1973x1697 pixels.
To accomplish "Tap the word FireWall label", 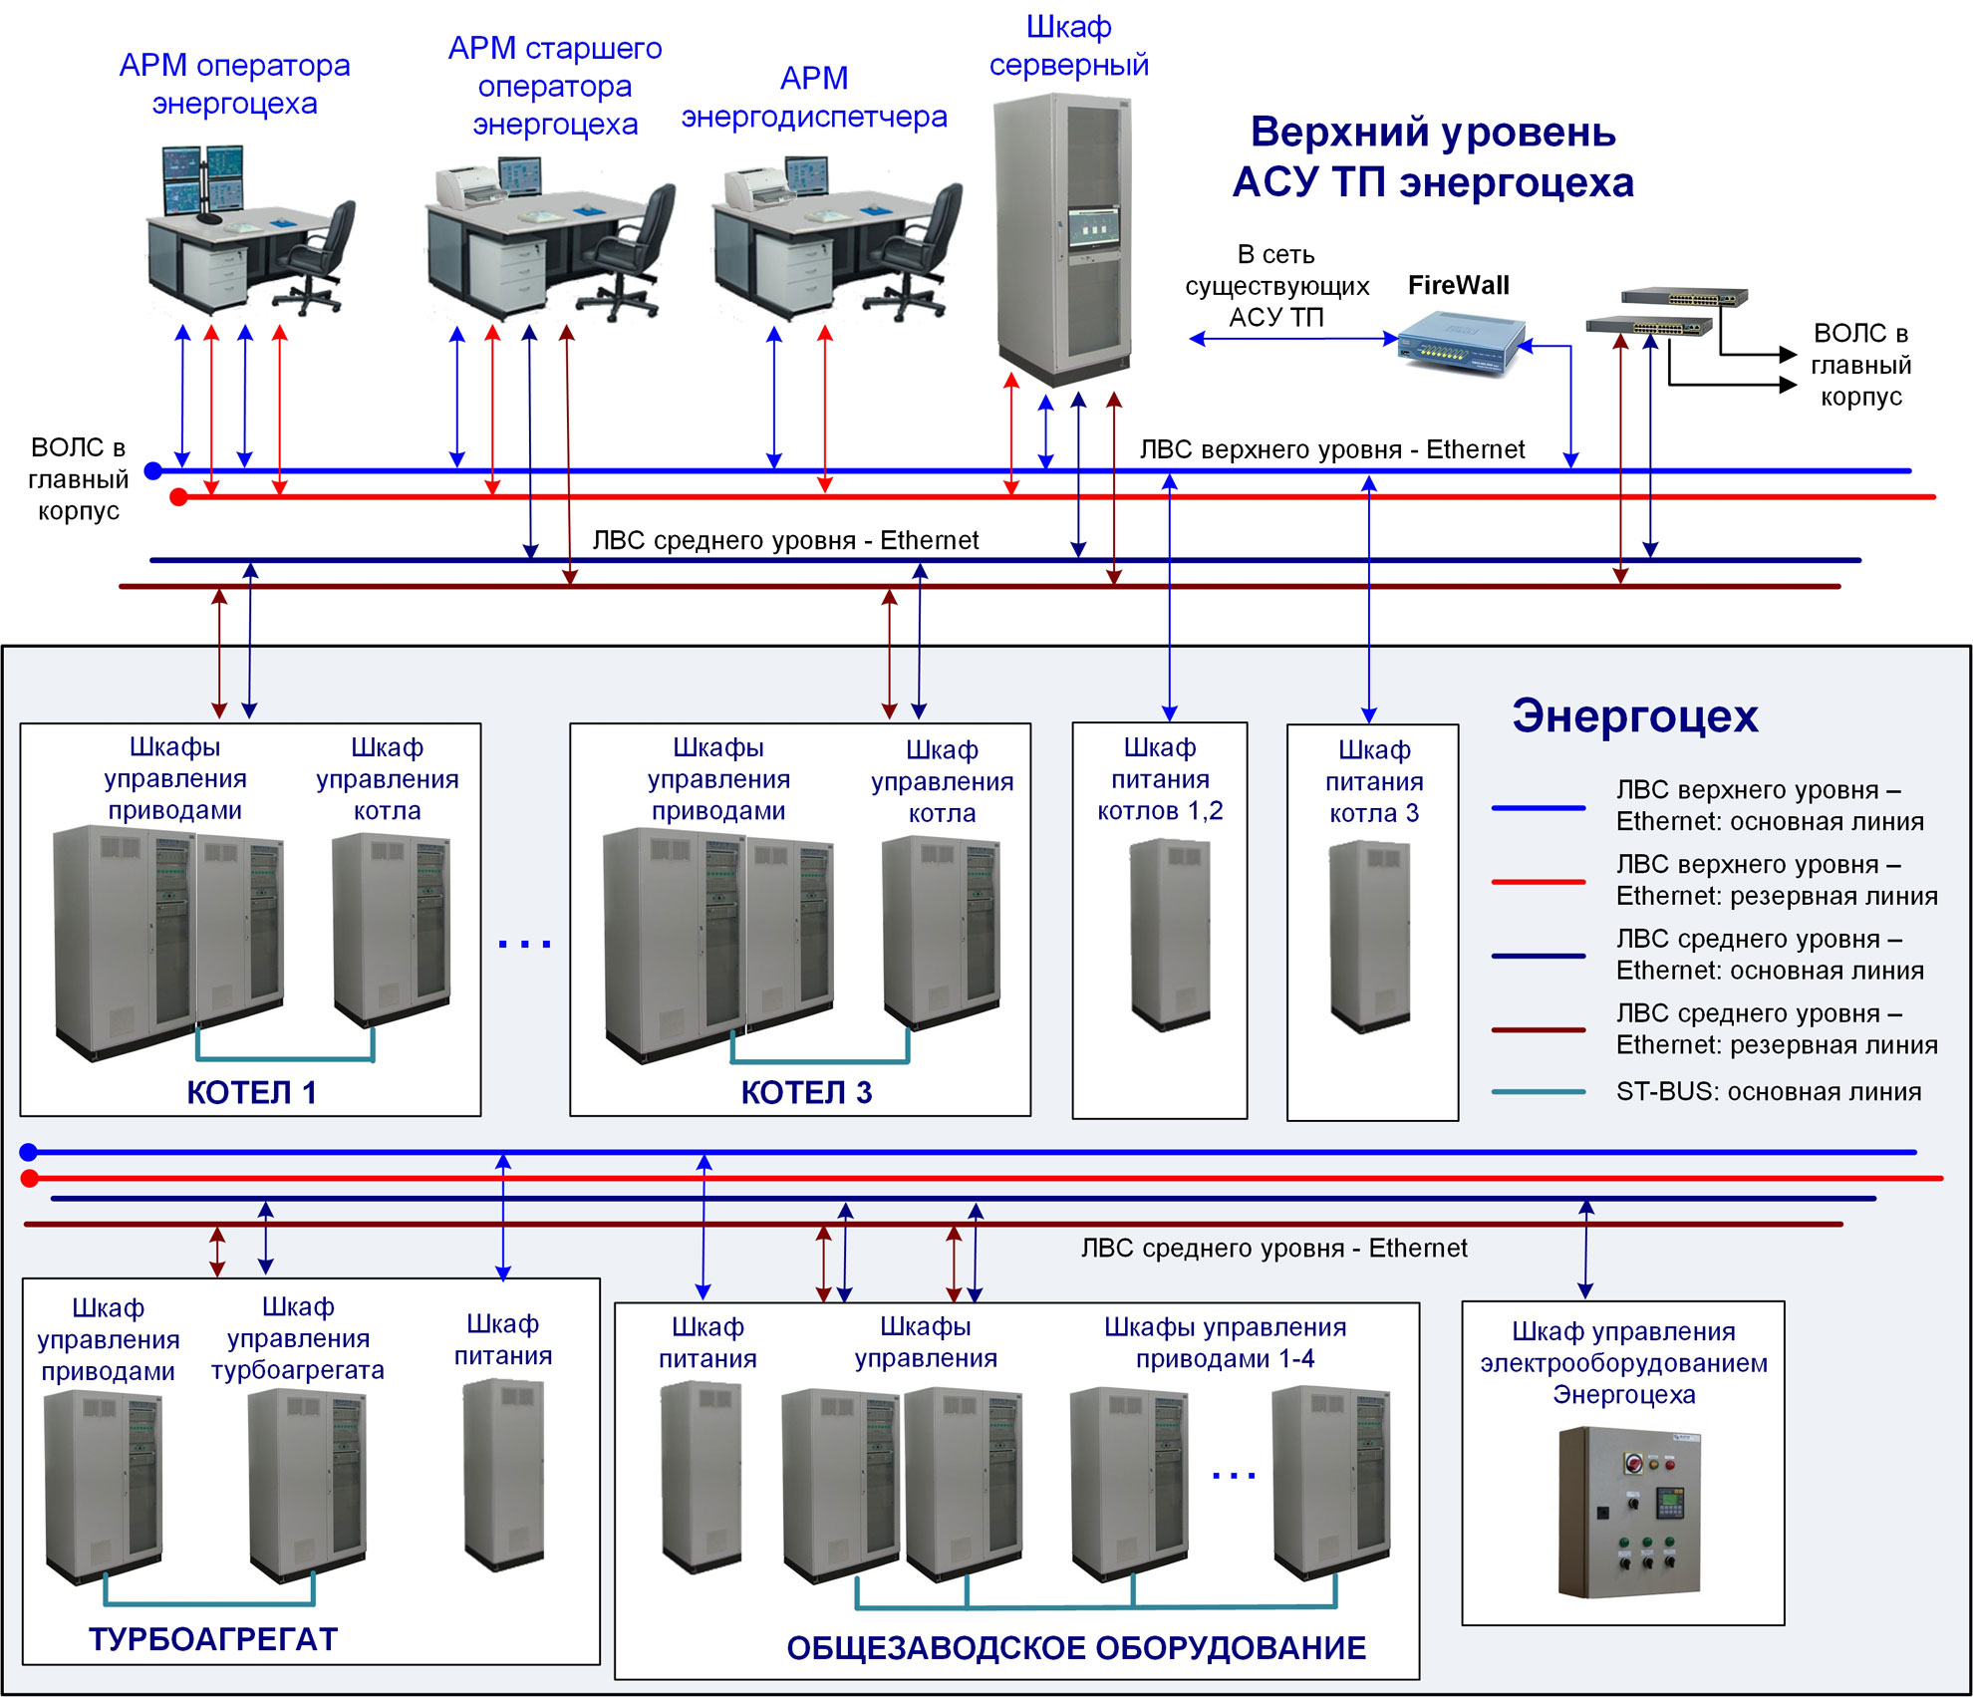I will pos(1458,286).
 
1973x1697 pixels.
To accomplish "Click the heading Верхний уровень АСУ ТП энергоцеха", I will pos(1433,157).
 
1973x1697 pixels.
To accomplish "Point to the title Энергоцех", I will pos(1634,716).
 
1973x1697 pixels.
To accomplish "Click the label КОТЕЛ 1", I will pos(251,1093).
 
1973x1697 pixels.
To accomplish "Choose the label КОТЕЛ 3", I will pos(806,1093).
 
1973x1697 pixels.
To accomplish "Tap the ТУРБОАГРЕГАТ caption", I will pos(213,1639).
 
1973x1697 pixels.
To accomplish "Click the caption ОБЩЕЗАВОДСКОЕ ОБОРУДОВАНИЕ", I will pos(1076,1648).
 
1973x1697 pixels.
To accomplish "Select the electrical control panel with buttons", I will pos(1628,1512).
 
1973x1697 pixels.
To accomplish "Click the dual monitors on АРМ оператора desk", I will pos(202,179).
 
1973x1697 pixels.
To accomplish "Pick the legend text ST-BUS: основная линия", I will pos(1768,1092).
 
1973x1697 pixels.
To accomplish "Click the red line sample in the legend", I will pos(1538,882).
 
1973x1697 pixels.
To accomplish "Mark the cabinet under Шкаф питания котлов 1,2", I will pos(1170,934).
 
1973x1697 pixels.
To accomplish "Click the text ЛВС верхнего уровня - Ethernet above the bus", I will pos(1331,450).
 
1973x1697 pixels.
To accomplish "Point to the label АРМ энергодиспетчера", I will pos(814,98).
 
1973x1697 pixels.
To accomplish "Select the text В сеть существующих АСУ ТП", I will pos(1276,286).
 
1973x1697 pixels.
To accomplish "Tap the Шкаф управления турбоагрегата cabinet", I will pos(307,1483).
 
